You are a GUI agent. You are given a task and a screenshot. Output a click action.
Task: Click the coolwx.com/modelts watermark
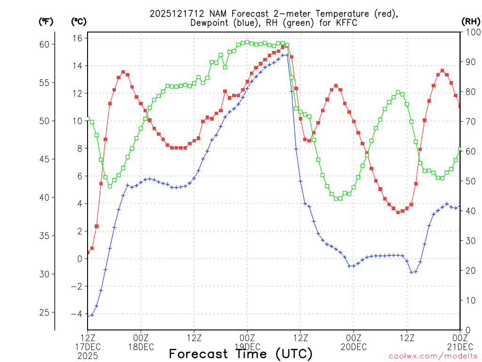433,356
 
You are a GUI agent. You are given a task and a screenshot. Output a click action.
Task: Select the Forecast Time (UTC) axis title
241,354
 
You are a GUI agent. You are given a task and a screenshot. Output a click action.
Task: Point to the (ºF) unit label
46,21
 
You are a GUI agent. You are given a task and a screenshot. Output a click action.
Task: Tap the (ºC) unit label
79,21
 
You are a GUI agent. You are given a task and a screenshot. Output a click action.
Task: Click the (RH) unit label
470,21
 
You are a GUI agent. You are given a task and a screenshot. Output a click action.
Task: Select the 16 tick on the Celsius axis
78,38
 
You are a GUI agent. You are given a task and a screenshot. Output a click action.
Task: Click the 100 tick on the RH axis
470,32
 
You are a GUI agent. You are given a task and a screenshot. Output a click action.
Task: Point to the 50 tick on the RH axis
470,181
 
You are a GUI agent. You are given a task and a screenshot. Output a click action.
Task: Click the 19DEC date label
247,347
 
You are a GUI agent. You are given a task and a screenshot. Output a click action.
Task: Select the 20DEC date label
353,347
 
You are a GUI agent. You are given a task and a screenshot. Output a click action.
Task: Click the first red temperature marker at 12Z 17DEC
88,252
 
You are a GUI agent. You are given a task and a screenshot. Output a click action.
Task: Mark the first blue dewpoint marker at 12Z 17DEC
88,315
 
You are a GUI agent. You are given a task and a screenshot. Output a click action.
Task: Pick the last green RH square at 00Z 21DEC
460,149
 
